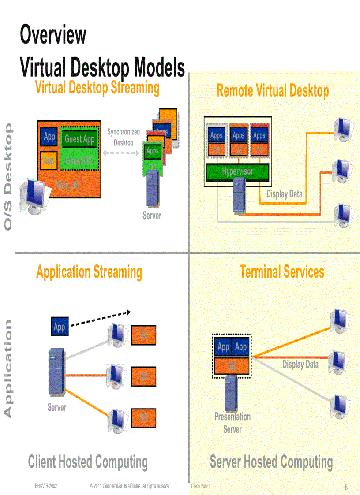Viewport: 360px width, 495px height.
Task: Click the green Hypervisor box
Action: click(238, 171)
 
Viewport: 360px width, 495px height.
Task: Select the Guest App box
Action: click(79, 139)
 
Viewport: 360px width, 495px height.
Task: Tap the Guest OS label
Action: click(79, 160)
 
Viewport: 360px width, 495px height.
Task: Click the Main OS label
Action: click(67, 185)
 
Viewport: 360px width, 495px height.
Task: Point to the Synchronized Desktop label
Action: click(124, 137)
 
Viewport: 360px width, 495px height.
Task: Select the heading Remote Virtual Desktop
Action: click(273, 91)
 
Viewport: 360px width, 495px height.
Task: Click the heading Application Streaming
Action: click(89, 272)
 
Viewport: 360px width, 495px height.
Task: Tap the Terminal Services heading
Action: click(282, 272)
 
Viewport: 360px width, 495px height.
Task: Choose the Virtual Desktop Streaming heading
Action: click(97, 87)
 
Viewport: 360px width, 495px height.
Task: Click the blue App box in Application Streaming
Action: click(60, 327)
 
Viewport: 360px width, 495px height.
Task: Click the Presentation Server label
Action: click(232, 423)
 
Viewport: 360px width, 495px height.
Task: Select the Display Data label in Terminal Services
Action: click(300, 365)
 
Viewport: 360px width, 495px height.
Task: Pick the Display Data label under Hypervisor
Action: click(284, 194)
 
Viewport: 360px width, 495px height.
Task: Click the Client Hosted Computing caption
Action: click(88, 462)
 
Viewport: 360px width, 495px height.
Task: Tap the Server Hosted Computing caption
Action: click(271, 462)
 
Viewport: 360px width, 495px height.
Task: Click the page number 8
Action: click(346, 487)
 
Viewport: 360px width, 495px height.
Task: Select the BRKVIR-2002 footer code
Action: click(46, 486)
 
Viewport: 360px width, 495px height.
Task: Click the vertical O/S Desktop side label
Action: click(8, 176)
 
